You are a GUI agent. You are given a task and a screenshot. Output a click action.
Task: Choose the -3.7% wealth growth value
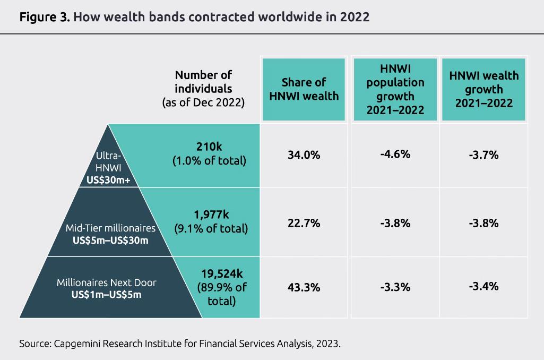click(x=483, y=156)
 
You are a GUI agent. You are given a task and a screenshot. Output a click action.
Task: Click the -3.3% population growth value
click(x=395, y=288)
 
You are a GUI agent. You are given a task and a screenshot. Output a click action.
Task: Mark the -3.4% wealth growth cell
click(x=483, y=287)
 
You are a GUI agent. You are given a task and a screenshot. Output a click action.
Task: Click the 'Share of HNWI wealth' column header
click(x=304, y=89)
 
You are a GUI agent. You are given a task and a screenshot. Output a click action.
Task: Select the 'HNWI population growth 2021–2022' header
click(x=395, y=89)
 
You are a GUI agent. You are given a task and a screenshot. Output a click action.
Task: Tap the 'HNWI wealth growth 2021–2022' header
click(x=483, y=89)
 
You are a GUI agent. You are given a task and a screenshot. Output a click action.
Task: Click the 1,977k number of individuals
click(x=211, y=215)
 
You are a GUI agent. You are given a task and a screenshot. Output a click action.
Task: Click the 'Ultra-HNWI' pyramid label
click(x=109, y=161)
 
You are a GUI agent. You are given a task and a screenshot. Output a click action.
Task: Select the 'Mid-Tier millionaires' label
click(x=110, y=228)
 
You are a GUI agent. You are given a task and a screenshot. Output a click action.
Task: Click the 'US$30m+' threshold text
click(x=109, y=181)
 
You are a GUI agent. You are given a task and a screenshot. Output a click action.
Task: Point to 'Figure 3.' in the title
click(x=43, y=16)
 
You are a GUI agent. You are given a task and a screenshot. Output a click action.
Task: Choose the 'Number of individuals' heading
click(x=204, y=81)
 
